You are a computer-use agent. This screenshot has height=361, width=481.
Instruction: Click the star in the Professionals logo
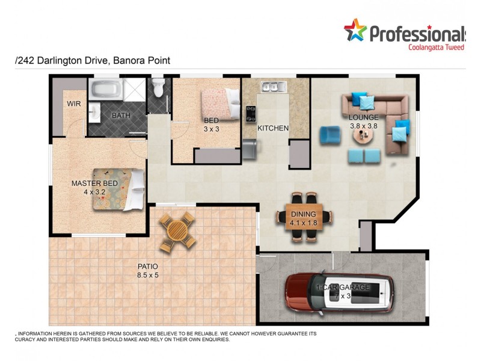pos(355,30)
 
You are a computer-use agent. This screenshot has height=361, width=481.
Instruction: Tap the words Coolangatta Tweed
pos(436,47)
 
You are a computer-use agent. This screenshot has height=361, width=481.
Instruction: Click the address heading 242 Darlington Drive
pos(93,61)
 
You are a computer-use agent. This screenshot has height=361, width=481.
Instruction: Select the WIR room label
pos(74,103)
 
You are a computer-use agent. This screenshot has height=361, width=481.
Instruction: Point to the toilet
pos(158,88)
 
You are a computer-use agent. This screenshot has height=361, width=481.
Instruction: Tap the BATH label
pos(121,116)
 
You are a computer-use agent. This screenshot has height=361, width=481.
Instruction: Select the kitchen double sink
pos(272,87)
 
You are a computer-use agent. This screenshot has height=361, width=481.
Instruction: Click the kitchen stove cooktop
pos(251,114)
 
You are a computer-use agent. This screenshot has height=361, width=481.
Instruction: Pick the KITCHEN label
pos(273,128)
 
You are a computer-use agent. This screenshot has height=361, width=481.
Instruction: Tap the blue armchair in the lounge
pos(329,135)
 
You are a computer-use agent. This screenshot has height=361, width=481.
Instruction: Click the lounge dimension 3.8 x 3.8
pos(364,126)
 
